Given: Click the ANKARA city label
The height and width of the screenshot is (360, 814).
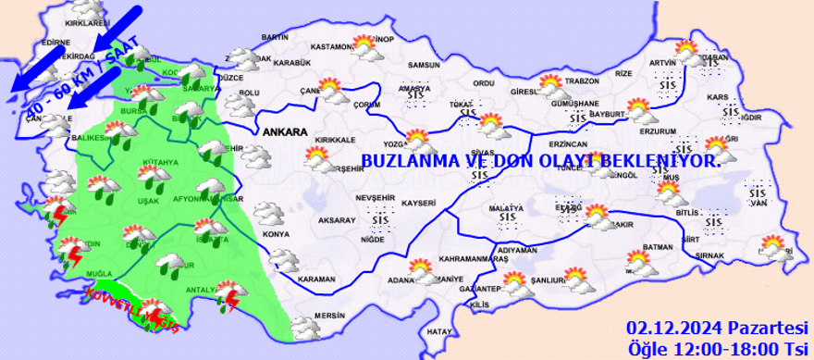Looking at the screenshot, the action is pos(285,132).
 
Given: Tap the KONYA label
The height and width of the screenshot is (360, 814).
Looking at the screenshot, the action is pos(277,234).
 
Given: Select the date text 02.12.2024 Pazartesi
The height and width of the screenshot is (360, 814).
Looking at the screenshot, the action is pos(717,329).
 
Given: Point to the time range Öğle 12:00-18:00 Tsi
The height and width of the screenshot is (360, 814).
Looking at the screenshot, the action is pos(717,348).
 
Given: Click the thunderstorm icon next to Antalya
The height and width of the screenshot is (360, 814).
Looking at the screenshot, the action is pos(228,297).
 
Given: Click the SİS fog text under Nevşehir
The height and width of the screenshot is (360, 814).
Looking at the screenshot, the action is pos(378,217).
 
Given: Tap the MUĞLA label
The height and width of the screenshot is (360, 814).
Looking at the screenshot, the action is pos(100,275).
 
